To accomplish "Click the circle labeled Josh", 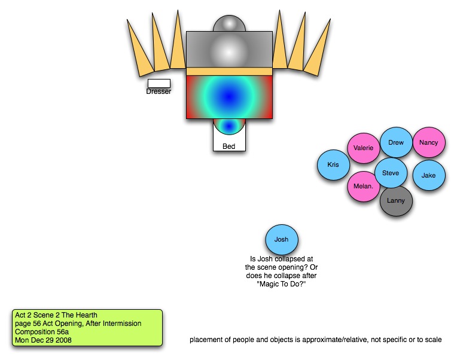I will click(282, 239).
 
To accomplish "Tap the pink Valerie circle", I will click(364, 148).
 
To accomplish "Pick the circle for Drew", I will click(396, 143).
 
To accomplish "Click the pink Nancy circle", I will click(429, 143).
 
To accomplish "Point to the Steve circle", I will click(391, 173).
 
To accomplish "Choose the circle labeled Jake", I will click(429, 175).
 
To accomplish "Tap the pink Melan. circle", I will click(364, 186).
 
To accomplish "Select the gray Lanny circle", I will click(396, 201).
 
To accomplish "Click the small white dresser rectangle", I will click(159, 83).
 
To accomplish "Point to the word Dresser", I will click(159, 91).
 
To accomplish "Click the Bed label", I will click(229, 146).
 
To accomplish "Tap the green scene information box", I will click(87, 327).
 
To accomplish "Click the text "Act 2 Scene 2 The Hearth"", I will click(56, 315).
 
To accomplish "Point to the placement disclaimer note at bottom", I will click(316, 340).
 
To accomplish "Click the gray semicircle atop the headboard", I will click(229, 24).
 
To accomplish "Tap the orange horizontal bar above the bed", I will click(229, 71).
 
